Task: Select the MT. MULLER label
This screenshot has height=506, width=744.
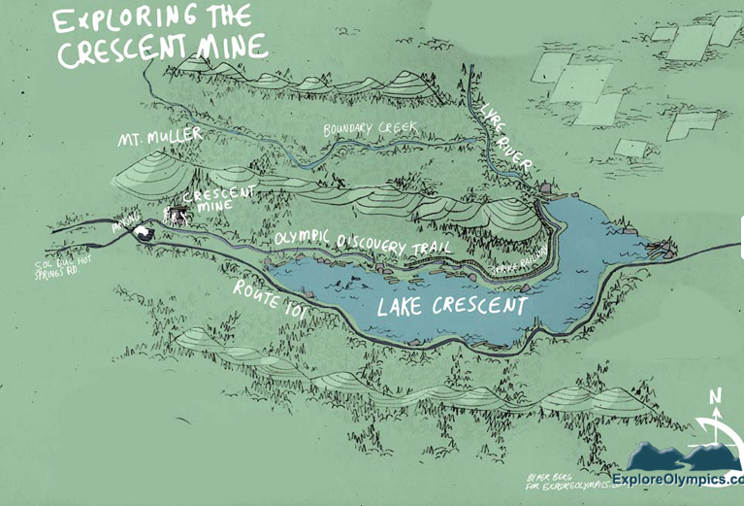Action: [160, 138]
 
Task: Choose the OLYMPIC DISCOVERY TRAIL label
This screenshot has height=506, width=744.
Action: [364, 244]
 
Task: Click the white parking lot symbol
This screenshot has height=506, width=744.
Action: [145, 232]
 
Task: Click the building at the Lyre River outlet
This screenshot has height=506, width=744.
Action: [549, 186]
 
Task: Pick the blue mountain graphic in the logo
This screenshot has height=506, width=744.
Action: [679, 455]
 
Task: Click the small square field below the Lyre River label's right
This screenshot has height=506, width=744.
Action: [631, 149]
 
